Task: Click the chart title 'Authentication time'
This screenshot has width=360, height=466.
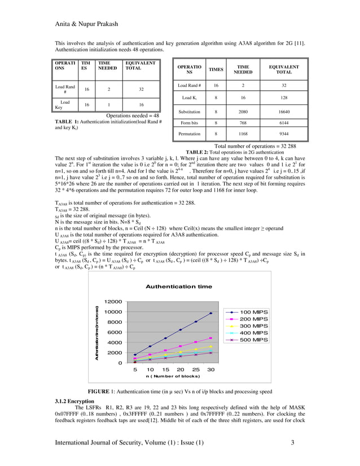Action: click(x=179, y=287)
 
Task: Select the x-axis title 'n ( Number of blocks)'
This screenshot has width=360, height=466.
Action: click(x=173, y=376)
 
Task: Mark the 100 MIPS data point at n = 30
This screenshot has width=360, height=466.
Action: click(x=211, y=313)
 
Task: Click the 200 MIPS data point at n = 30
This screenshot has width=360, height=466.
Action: click(x=211, y=338)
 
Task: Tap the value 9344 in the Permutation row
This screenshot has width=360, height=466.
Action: click(x=284, y=134)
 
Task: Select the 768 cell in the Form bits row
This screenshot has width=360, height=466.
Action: click(x=243, y=122)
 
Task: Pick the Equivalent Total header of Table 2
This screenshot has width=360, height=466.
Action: click(x=284, y=69)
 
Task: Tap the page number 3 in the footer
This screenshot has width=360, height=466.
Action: click(x=293, y=442)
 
